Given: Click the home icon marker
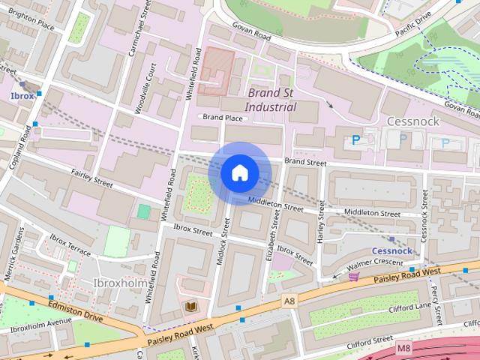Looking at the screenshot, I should [239, 173].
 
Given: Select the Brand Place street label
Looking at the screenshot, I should [223, 118].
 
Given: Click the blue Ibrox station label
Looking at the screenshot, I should [22, 96].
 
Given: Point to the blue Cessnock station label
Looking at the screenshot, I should [391, 250].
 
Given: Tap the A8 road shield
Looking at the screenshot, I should [289, 300].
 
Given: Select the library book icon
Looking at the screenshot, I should [190, 307].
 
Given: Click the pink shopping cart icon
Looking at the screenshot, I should [352, 277].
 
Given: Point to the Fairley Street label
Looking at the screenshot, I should [91, 178].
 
